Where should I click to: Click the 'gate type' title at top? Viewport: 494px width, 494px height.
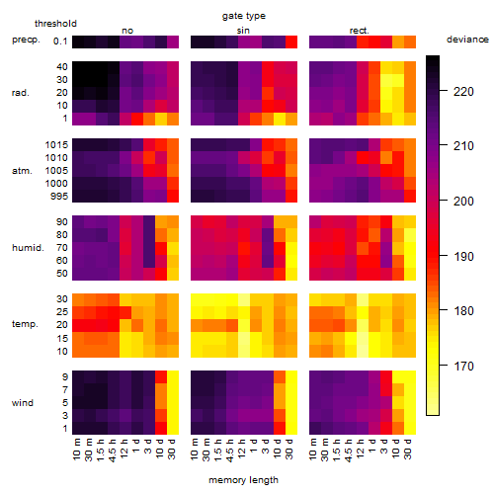(244, 16)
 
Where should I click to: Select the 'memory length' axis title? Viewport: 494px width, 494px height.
(243, 480)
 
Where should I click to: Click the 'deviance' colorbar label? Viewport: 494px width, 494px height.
(467, 40)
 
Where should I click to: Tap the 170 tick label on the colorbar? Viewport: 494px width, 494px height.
(463, 366)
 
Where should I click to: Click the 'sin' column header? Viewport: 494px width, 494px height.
(243, 31)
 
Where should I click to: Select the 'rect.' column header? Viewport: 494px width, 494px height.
(359, 31)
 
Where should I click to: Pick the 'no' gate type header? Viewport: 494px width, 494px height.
(127, 31)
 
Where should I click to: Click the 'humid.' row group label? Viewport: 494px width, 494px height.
(28, 248)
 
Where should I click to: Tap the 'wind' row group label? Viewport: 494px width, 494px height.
(23, 403)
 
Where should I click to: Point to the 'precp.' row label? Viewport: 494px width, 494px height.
(26, 40)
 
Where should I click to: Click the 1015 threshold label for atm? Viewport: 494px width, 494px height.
(56, 145)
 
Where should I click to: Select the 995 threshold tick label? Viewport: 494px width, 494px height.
(59, 197)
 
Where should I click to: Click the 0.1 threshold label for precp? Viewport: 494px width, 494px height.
(60, 41)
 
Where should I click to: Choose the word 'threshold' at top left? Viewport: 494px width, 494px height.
(55, 24)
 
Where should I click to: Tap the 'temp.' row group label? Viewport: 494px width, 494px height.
(25, 324)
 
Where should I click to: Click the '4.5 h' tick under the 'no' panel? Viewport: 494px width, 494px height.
(112, 451)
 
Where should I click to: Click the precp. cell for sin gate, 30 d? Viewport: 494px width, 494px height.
(291, 41)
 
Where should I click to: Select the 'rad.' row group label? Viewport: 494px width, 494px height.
(21, 93)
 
